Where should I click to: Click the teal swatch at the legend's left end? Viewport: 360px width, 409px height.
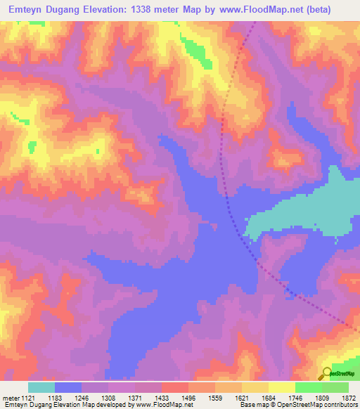[41, 387]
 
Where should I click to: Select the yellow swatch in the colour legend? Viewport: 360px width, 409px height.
[281, 387]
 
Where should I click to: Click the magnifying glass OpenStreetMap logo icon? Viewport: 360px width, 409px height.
[326, 374]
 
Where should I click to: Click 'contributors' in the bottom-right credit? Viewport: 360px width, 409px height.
[340, 405]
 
